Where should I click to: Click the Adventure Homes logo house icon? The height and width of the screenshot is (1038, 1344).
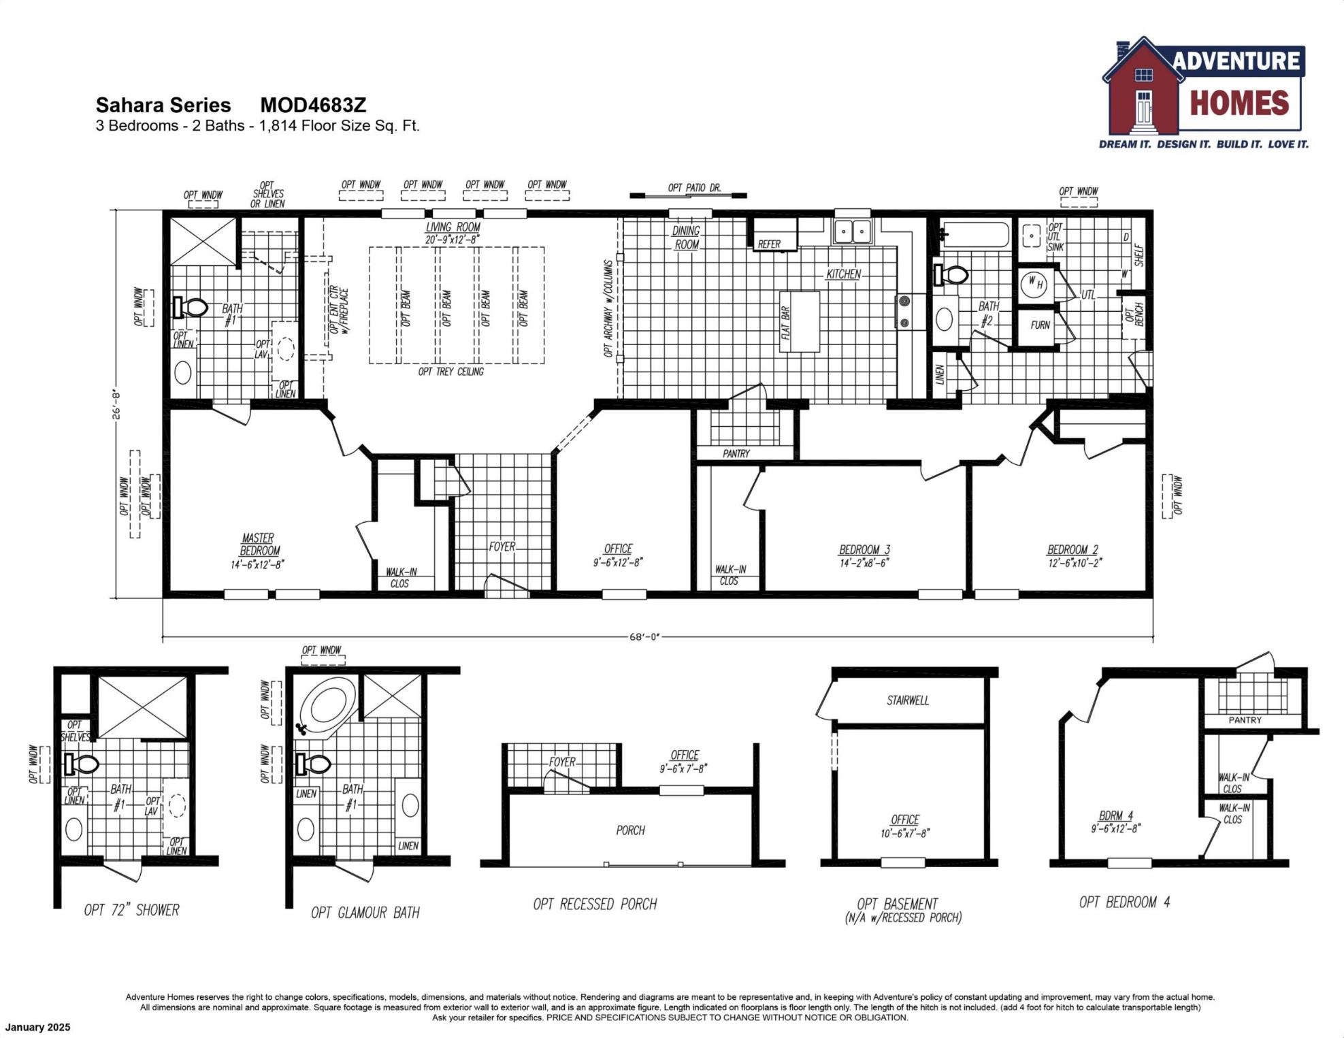[1144, 88]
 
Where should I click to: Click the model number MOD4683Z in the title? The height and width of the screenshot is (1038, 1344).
[313, 105]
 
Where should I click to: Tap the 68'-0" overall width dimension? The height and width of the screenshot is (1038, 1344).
[644, 637]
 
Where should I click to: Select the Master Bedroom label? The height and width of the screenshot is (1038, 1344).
[259, 544]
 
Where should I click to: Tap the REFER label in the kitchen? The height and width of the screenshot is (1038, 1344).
[769, 244]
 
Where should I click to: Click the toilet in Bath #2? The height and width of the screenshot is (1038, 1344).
[952, 275]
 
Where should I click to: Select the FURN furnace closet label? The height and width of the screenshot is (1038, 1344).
[1039, 325]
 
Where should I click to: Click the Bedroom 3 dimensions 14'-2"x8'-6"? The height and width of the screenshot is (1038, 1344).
[864, 563]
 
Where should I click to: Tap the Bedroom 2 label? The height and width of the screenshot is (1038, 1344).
[1072, 549]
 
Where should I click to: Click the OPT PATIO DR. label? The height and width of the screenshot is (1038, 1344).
[694, 187]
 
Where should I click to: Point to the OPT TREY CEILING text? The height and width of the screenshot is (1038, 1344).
[450, 372]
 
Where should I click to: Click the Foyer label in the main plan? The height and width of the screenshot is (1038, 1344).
[502, 547]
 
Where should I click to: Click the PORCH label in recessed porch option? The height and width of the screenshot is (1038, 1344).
[630, 830]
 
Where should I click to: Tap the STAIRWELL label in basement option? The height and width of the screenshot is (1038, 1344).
[907, 700]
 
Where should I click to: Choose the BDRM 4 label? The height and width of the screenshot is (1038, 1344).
[1115, 815]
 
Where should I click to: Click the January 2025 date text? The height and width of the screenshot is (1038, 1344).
[37, 1027]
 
